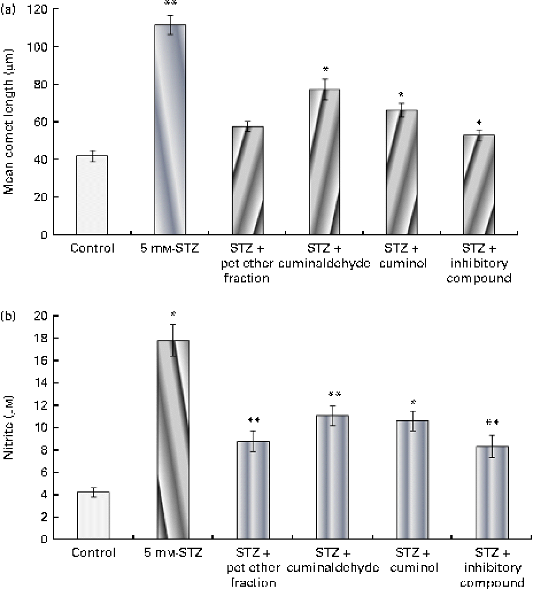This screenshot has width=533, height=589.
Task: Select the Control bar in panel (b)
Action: click(x=93, y=516)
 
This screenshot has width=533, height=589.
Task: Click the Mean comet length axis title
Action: click(x=9, y=122)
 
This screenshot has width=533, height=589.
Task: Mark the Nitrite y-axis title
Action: click(x=9, y=428)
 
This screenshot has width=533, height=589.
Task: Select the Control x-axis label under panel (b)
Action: click(x=94, y=553)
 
